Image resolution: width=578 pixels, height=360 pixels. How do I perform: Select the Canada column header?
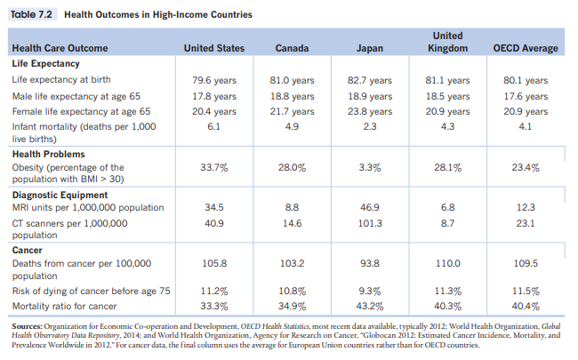tap(292, 47)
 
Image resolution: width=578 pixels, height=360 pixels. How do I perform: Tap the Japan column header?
tap(369, 47)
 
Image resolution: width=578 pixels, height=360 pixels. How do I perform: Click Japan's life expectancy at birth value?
tap(369, 80)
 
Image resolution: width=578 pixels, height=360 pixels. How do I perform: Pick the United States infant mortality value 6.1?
tap(213, 127)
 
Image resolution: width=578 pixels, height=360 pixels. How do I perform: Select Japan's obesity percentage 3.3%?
tap(369, 166)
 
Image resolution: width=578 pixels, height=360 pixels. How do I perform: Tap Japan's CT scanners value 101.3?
tap(369, 224)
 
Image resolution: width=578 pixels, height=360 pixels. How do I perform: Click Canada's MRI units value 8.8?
tap(292, 207)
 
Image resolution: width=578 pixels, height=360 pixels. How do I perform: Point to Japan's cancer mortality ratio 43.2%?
tap(369, 306)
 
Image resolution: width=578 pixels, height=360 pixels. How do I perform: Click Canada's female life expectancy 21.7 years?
tap(292, 111)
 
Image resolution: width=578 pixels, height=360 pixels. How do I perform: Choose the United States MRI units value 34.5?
tap(213, 207)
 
